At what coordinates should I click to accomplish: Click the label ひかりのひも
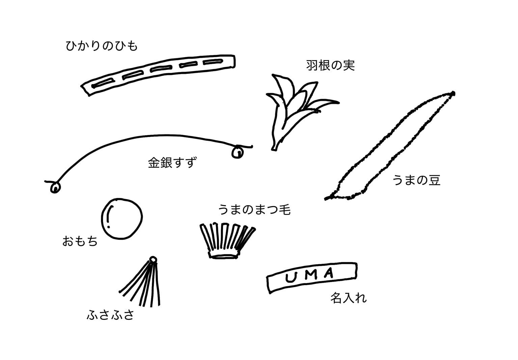point(102,46)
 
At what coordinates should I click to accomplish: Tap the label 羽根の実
point(330,65)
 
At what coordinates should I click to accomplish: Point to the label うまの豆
point(416,181)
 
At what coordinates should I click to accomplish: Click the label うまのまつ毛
point(254,210)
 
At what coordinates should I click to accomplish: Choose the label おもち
point(80,241)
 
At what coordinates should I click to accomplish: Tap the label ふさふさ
point(111,315)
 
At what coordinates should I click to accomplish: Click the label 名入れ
point(348,298)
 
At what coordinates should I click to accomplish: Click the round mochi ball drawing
point(122,218)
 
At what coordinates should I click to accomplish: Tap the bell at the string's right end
point(238,152)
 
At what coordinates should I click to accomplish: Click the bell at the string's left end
point(55,187)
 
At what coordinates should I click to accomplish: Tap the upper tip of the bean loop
point(453,93)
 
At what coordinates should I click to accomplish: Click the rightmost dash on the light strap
point(213,62)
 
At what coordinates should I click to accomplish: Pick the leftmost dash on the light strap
point(103,82)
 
